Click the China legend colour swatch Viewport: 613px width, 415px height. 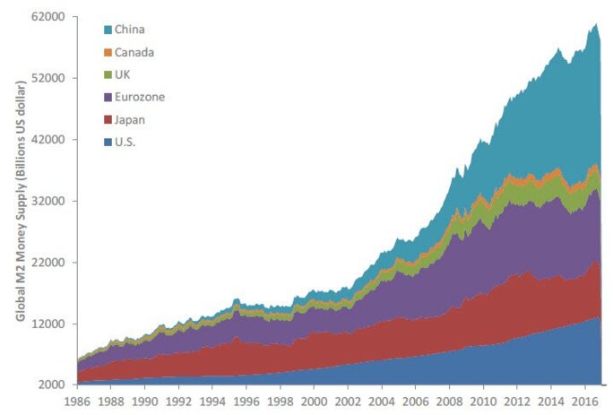[x=108, y=30]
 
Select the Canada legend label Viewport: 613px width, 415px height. [x=135, y=52]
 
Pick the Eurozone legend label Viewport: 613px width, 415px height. [x=140, y=97]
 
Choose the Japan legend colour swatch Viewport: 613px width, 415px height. [x=108, y=119]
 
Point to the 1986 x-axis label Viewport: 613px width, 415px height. [x=77, y=401]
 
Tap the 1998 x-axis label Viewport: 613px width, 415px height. [x=280, y=401]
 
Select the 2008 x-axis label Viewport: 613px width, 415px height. [x=449, y=401]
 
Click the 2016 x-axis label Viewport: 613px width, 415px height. [x=583, y=401]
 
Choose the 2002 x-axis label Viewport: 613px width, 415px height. [x=348, y=401]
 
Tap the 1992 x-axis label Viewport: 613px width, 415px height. [x=178, y=401]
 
